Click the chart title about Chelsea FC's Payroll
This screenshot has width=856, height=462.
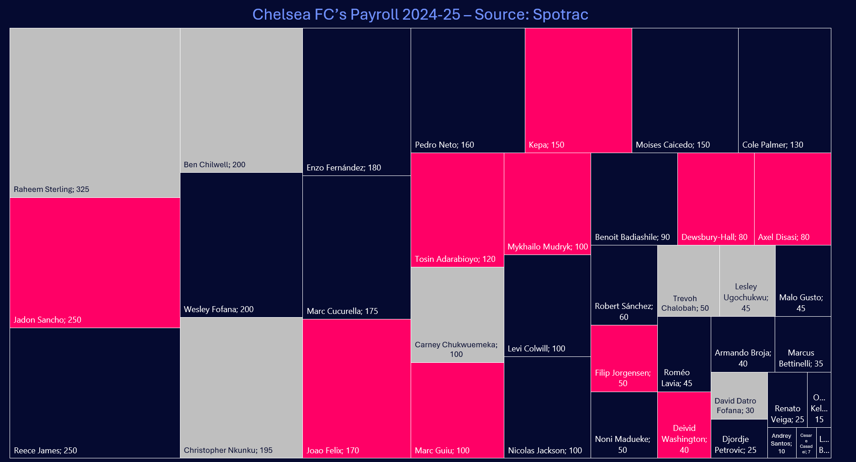(420, 15)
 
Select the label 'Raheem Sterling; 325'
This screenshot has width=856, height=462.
(51, 189)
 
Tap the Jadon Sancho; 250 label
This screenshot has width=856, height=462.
(47, 320)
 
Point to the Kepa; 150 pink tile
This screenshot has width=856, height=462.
(578, 90)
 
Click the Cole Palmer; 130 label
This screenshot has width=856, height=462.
(772, 145)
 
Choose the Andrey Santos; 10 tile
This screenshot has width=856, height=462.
(782, 443)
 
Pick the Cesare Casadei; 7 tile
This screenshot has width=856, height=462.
(806, 443)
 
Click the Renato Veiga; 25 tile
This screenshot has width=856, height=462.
(787, 400)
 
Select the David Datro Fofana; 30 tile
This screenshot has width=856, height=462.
(739, 396)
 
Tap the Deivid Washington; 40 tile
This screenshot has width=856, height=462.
(684, 425)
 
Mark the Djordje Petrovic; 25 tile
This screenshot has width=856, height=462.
(739, 439)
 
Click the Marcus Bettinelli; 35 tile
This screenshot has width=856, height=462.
(803, 345)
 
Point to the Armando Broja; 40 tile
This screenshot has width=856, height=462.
(743, 345)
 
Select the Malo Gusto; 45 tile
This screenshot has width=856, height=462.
(803, 281)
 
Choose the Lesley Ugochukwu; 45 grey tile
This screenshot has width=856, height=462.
(747, 281)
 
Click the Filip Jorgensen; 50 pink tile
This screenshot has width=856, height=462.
(624, 358)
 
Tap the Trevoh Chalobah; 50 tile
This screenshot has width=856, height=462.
(688, 281)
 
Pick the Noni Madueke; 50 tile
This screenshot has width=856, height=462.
(624, 425)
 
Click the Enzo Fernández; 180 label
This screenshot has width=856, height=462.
(343, 168)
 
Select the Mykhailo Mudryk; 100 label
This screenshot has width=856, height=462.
(547, 247)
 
